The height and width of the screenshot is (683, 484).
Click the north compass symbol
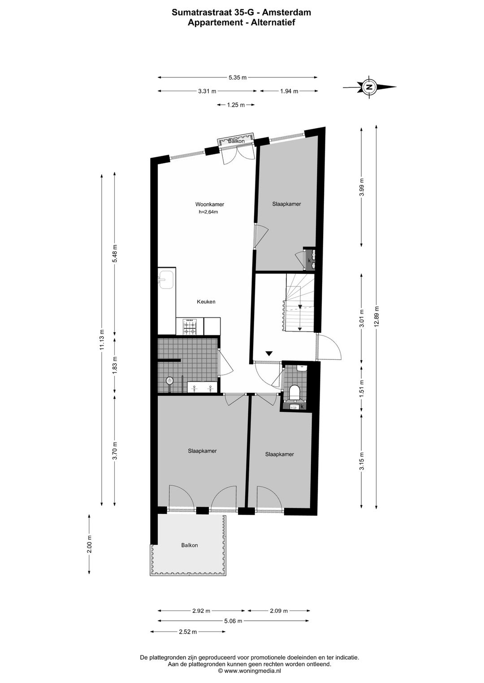(x=369, y=87)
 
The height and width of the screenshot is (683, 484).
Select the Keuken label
(x=206, y=302)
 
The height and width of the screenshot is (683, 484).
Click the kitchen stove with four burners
(x=190, y=326)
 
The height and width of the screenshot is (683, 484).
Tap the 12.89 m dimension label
(x=377, y=317)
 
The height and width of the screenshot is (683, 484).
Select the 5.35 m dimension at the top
(x=238, y=77)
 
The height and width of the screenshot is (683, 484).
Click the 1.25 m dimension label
(x=236, y=105)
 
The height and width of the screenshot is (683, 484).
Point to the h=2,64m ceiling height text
(x=208, y=212)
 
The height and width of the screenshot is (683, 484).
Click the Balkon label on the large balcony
(x=190, y=545)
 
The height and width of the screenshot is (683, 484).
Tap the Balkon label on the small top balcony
(x=236, y=141)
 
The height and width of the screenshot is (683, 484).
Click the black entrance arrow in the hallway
(x=269, y=354)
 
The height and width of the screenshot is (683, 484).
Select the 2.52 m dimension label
(x=188, y=632)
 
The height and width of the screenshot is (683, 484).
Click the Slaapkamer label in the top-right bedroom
(x=286, y=204)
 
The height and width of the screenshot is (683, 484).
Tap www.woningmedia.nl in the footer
(x=252, y=671)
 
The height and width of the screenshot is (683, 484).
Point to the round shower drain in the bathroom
(x=170, y=380)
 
